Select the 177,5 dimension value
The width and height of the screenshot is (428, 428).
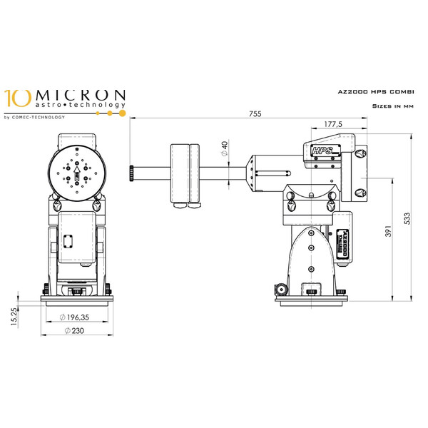click(330, 125)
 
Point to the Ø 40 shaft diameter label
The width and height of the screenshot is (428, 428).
click(224, 150)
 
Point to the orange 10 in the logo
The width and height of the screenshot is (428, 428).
click(17, 98)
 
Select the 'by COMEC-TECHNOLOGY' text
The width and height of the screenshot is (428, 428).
click(34, 116)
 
